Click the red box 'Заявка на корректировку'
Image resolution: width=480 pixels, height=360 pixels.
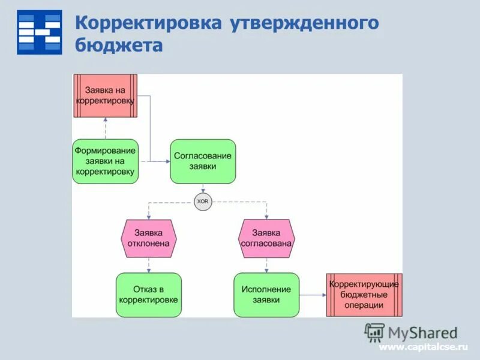coord(105,96)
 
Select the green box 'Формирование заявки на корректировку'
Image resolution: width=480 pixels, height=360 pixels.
coord(105,161)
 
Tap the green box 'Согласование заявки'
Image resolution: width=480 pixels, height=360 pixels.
coord(203,161)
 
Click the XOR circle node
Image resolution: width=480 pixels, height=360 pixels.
coord(203,202)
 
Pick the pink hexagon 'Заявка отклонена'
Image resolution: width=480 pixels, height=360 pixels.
coord(148,238)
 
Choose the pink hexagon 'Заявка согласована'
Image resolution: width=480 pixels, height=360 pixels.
coord(266,238)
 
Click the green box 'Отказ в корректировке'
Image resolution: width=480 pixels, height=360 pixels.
coord(148,295)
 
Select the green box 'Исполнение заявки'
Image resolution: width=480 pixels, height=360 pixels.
coord(266,295)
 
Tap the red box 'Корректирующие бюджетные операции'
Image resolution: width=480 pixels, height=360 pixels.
coord(364,295)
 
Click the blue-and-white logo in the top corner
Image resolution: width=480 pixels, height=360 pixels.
coord(40,32)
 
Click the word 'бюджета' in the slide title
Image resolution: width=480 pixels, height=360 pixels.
coord(119,45)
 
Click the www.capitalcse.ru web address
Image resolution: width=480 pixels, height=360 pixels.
coord(422,347)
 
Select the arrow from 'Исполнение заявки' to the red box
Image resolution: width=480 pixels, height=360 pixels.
coord(313,295)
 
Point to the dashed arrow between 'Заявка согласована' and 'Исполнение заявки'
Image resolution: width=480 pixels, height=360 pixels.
coord(266,265)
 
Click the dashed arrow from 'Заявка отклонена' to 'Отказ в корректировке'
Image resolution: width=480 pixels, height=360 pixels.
coord(148,265)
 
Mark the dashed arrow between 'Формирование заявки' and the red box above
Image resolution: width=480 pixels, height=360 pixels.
coord(105,128)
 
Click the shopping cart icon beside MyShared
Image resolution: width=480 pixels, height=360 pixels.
coord(374,332)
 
